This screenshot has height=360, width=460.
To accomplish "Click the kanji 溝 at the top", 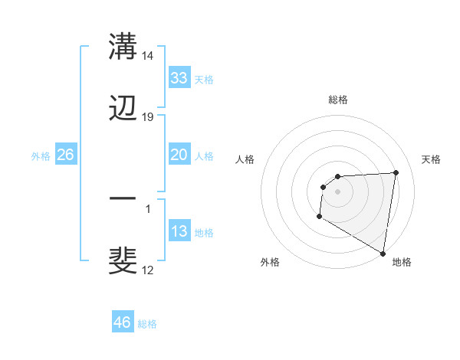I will [123, 47].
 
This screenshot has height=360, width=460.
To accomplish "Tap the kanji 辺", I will [123, 108].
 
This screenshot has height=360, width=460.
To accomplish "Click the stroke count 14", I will [148, 56].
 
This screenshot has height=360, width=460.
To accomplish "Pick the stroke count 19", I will [148, 117].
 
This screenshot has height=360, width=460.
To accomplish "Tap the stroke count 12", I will [148, 270].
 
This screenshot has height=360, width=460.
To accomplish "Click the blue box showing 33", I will [179, 78].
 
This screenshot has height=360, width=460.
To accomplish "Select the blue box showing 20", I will [179, 155].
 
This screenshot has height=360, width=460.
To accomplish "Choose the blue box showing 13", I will [179, 231].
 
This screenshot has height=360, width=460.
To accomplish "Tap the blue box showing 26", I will [65, 155].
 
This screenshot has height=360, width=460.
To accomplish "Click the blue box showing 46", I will [123, 322].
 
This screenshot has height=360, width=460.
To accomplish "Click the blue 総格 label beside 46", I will [147, 324].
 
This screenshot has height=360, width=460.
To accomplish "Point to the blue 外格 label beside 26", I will [41, 156].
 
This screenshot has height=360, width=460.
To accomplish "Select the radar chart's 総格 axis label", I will [338, 100].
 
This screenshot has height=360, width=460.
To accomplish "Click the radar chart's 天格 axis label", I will [431, 159].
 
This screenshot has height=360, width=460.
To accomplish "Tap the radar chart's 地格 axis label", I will [402, 262].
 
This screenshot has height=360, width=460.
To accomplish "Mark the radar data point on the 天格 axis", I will [396, 172].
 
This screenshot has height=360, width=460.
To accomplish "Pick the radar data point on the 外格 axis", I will [319, 217].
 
